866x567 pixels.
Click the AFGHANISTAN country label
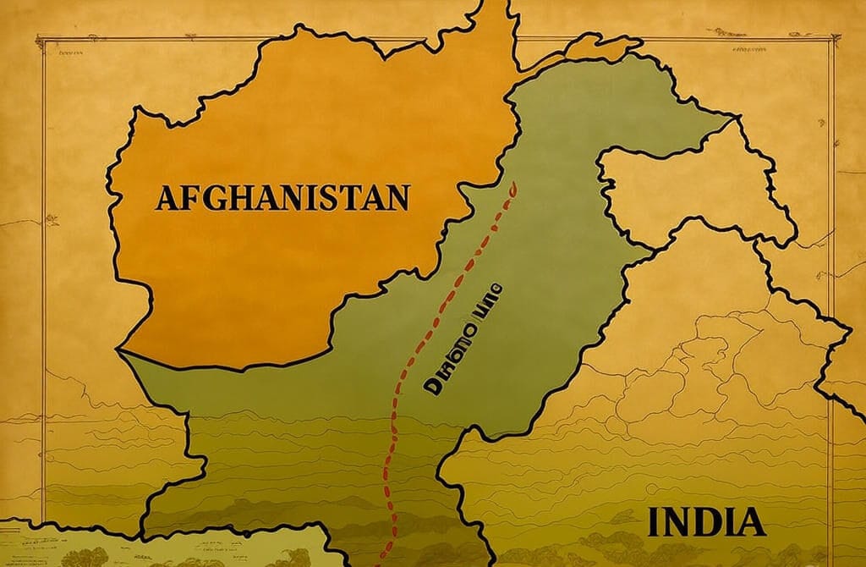(x=282, y=198)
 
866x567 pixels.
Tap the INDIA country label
(x=706, y=521)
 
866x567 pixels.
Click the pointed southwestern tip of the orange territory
(x=119, y=349)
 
